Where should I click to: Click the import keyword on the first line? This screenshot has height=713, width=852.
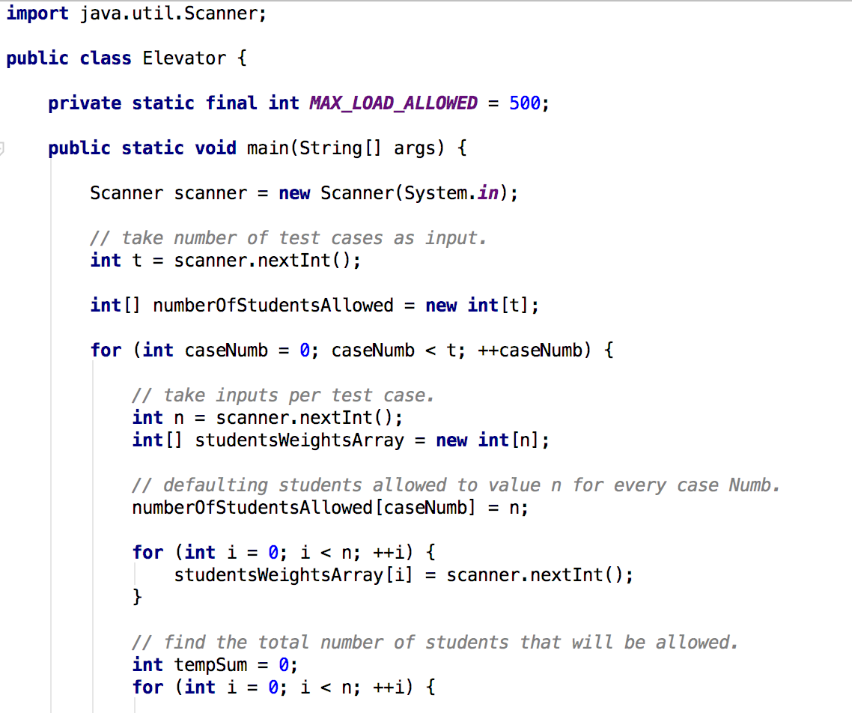point(37,13)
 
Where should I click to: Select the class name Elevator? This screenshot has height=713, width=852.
point(183,58)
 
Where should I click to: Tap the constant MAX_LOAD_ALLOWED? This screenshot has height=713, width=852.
point(393,103)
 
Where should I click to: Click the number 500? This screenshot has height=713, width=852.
point(524,103)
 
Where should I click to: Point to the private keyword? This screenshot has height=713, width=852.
point(85,103)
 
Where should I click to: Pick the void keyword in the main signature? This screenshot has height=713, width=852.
point(216,148)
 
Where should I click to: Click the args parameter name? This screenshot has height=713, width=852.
point(414,148)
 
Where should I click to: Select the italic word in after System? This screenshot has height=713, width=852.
point(488,193)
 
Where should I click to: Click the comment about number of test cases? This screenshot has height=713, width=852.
point(288,238)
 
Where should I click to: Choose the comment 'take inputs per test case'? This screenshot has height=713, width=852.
point(283,395)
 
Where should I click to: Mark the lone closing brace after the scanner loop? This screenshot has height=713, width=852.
point(137,598)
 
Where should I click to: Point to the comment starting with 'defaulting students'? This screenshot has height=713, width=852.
point(455,485)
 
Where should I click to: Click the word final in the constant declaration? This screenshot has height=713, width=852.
point(231,103)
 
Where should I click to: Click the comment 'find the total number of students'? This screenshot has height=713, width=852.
point(435,643)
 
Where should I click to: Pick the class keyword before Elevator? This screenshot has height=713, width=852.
point(106,58)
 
